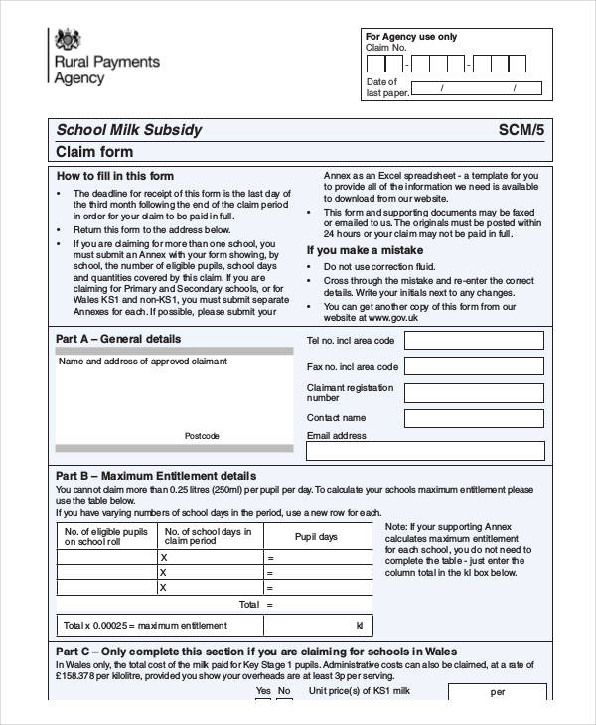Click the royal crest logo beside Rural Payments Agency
[x=67, y=41]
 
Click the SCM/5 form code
[x=521, y=130]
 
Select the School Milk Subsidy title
[x=128, y=130]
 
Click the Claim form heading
[x=94, y=152]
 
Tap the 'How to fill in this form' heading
[x=114, y=176]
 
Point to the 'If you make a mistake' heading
[x=365, y=250]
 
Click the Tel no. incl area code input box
[x=474, y=341]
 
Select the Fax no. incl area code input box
[x=474, y=366]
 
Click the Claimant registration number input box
[x=474, y=392]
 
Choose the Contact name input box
[x=474, y=418]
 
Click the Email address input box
[x=425, y=451]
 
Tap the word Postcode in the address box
[x=202, y=436]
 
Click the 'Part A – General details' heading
[x=118, y=339]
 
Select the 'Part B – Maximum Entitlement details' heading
[x=156, y=476]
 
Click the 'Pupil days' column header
[x=316, y=536]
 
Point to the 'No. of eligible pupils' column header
[x=105, y=536]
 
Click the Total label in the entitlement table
[x=248, y=604]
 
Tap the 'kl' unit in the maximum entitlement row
[x=359, y=626]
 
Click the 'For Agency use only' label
[x=411, y=37]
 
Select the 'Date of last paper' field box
[x=478, y=88]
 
